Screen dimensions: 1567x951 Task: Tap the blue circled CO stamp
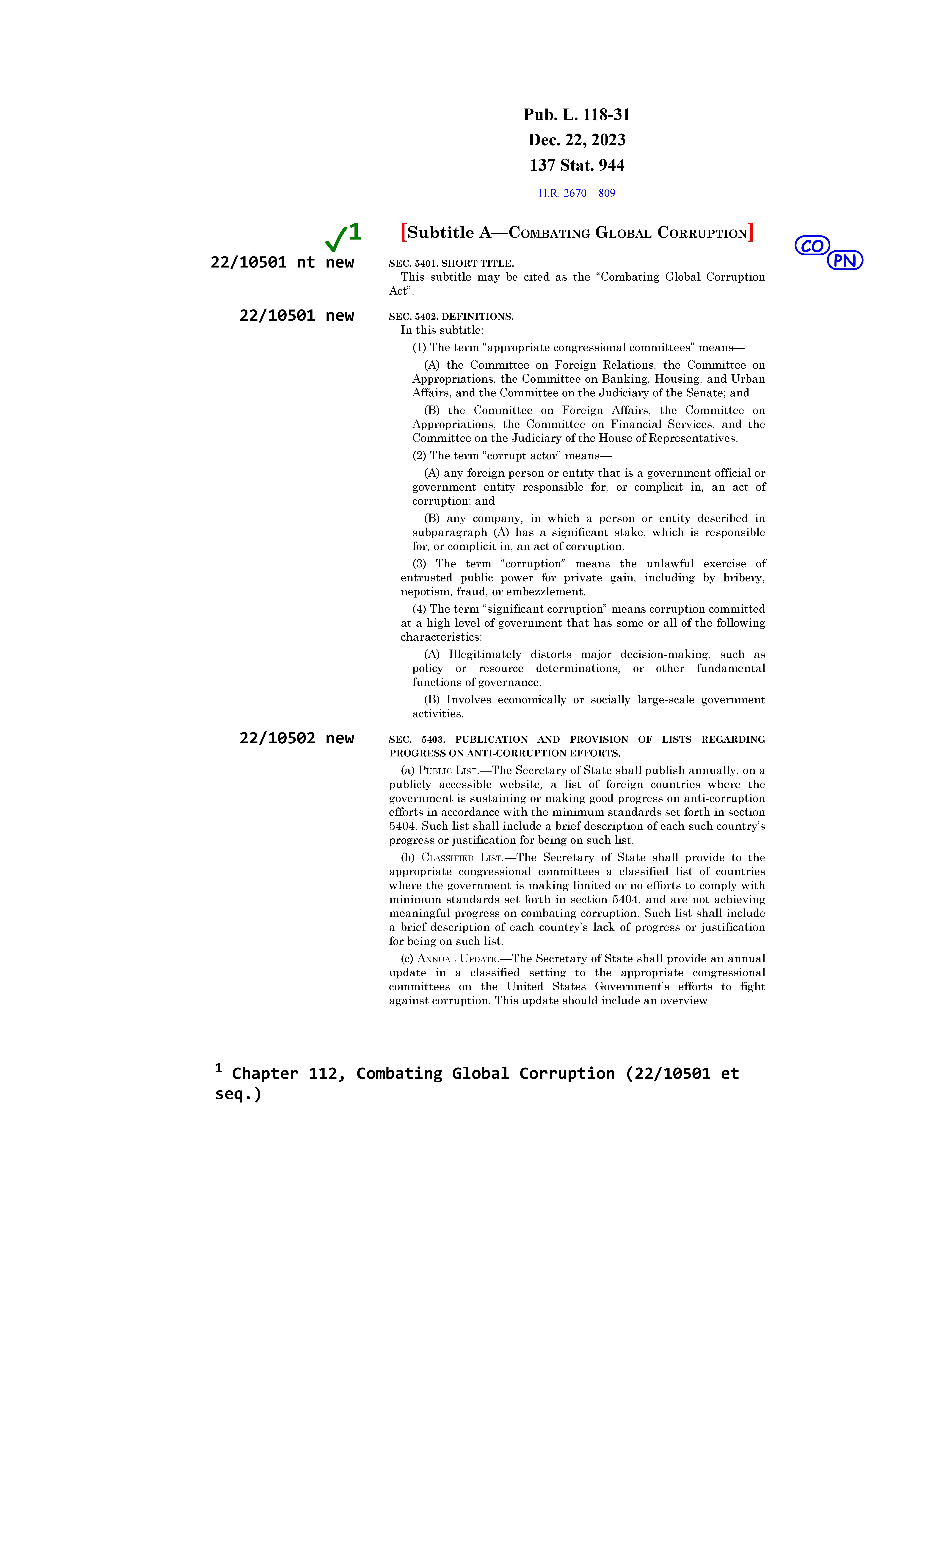(812, 245)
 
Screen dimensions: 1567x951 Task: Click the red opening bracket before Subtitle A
(404, 232)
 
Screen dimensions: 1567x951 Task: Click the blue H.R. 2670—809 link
(577, 193)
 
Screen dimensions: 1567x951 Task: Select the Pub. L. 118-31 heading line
(577, 115)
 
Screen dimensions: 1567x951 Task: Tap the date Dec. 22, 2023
(577, 140)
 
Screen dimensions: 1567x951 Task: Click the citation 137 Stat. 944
(577, 165)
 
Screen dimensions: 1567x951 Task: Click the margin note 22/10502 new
(296, 738)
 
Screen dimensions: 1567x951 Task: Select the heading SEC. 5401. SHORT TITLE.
(451, 263)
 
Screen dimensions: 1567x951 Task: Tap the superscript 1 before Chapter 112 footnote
(219, 1068)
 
